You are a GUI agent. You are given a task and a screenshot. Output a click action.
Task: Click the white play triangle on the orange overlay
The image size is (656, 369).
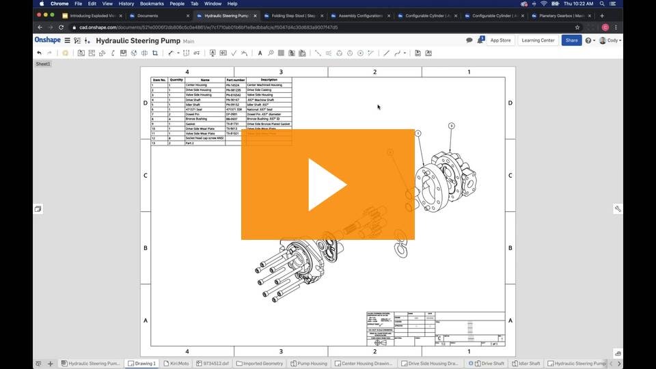[x=326, y=184]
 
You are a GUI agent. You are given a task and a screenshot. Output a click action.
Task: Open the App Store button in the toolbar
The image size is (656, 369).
[x=500, y=40]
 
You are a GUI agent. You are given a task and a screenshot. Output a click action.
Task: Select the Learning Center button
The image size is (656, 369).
[x=538, y=40]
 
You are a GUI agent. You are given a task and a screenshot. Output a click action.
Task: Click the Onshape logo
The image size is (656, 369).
[x=47, y=40]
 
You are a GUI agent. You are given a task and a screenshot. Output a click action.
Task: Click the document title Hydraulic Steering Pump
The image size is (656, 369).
[x=137, y=41]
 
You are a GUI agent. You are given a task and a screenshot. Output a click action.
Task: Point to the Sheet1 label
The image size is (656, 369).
[x=43, y=64]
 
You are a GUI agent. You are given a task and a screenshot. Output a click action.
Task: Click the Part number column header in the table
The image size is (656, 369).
[x=235, y=80]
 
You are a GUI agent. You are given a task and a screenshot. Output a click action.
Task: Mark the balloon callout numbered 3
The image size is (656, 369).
[x=451, y=126]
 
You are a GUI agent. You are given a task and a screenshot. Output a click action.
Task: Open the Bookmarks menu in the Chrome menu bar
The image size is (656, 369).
[x=152, y=3]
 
